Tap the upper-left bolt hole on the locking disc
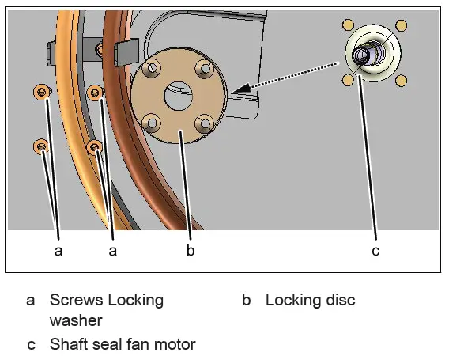coord(153,70)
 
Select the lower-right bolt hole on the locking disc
coord(205,123)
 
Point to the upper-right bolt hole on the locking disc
coord(205,70)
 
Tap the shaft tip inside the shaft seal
coord(362,55)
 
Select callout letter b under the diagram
coord(190,251)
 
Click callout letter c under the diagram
coord(375,251)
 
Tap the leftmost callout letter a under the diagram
coord(57,251)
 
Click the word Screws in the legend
coord(77,301)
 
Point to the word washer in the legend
coord(76,320)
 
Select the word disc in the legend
coord(339,301)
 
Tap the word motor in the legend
coord(175,344)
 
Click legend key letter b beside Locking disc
coord(247,301)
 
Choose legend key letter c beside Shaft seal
coord(31,344)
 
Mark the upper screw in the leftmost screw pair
coord(41,93)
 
